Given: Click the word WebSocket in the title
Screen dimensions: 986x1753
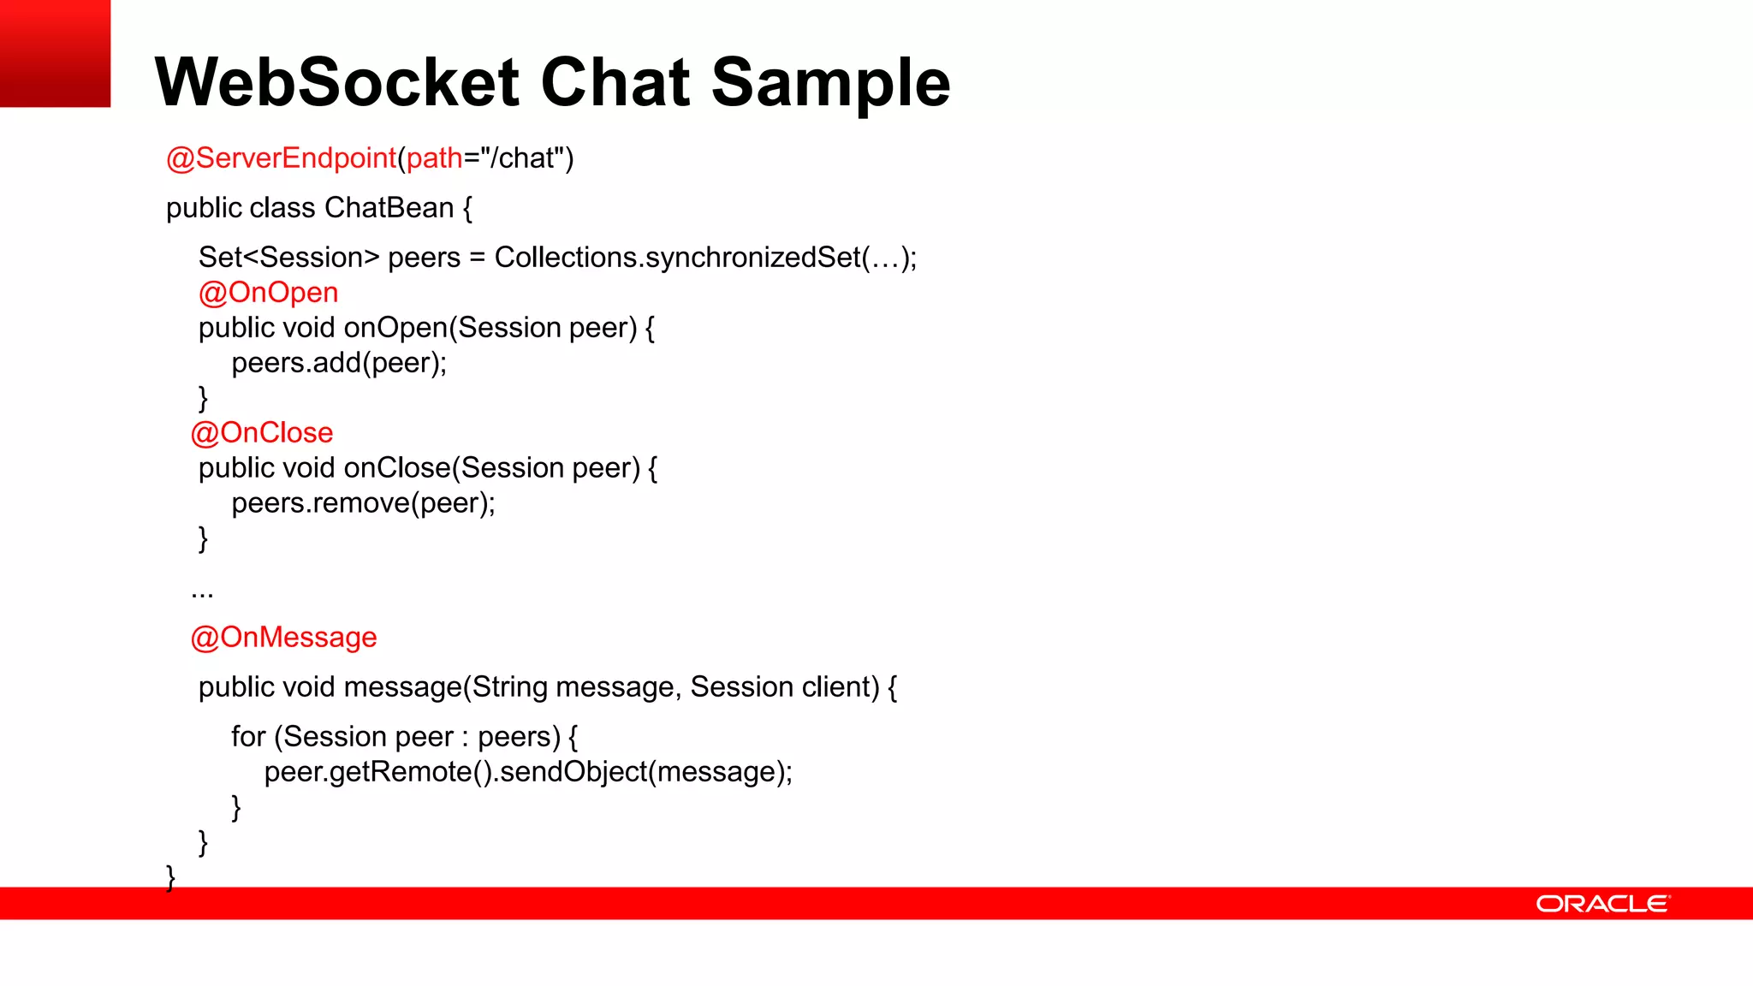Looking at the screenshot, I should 337,82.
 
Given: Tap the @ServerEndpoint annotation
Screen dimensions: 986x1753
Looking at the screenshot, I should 281,158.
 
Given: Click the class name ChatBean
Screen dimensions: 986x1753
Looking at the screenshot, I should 389,208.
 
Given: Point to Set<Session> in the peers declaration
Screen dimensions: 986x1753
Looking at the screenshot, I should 288,258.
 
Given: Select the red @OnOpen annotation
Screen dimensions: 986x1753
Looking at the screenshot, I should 268,293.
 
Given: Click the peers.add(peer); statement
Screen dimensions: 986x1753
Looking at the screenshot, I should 339,363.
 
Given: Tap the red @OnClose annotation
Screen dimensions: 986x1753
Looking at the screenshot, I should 262,433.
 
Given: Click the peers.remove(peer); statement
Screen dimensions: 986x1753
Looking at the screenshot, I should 363,503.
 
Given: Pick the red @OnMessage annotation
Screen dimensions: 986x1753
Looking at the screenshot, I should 283,638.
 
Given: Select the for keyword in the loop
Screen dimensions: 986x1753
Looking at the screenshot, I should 248,737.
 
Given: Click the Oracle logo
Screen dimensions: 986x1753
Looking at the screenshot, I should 1601,904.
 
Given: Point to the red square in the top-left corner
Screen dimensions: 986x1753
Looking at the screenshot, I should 55,53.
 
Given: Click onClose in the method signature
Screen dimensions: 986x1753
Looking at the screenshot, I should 397,468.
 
